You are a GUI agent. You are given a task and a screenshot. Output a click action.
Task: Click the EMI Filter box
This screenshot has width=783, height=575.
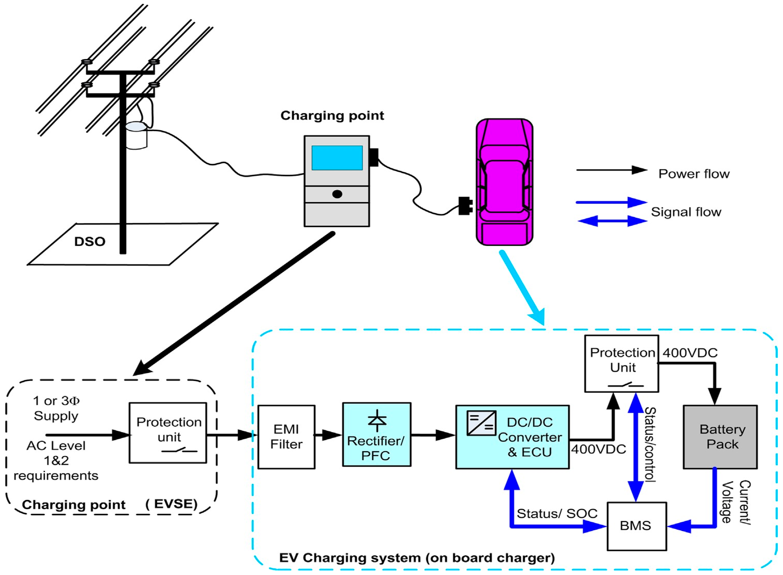point(286,437)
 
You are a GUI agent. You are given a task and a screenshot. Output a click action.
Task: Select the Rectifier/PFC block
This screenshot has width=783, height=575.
point(377,434)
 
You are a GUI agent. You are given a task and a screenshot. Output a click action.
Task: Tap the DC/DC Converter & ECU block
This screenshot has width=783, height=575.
point(512,437)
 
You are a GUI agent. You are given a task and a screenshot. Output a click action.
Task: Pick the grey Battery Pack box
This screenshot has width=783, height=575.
point(720,437)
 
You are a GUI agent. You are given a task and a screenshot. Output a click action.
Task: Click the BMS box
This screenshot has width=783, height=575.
point(636,525)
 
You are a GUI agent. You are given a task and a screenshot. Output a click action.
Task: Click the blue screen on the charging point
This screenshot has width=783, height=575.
point(337,158)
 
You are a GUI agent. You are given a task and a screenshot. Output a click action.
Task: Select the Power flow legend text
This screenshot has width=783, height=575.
point(694,174)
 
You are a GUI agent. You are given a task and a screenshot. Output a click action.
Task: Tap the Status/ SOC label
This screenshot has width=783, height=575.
point(557,513)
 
